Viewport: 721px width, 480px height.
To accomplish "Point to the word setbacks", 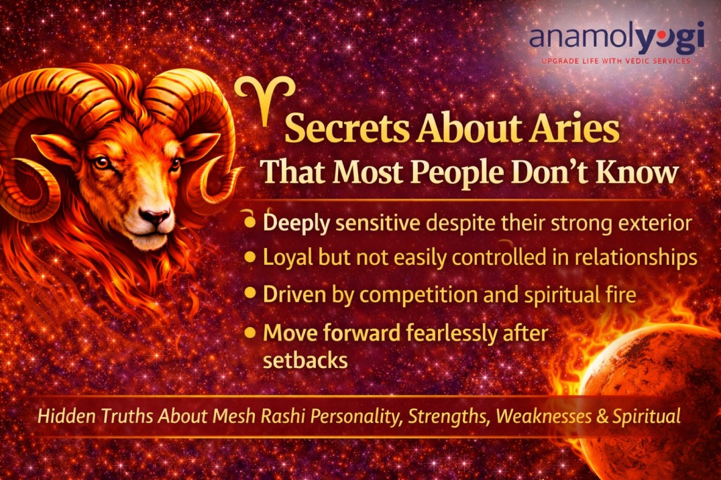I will [x=305, y=359].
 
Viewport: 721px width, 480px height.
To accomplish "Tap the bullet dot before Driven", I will [x=251, y=293].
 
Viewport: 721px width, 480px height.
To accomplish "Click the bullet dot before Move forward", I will [x=251, y=331].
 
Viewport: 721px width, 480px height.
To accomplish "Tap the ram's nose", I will [x=156, y=217].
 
